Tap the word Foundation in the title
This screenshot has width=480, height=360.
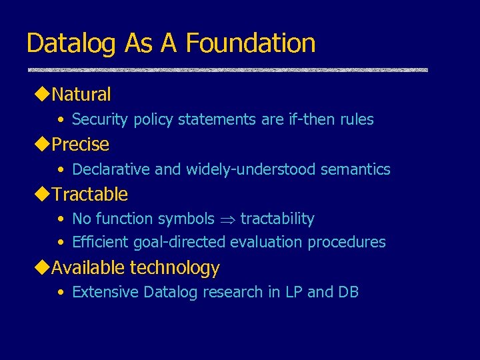coord(251,43)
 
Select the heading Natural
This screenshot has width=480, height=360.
coord(81,95)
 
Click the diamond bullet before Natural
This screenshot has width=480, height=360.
coord(43,94)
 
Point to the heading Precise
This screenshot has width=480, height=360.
coord(80,144)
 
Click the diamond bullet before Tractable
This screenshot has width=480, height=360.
coord(43,193)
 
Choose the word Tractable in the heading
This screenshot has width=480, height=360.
coord(89,194)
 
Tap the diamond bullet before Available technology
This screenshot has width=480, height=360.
coord(43,267)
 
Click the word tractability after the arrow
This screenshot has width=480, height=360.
coord(277,219)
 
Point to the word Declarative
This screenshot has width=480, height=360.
coord(111,169)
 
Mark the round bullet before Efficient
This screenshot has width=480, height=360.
coord(61,242)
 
